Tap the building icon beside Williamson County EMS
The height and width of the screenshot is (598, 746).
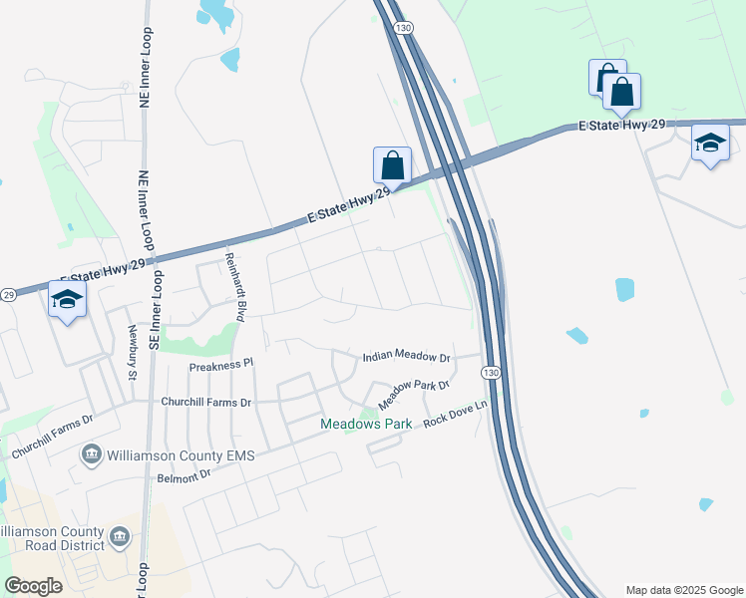[x=92, y=455]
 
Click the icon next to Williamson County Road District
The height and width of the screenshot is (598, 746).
[x=120, y=538]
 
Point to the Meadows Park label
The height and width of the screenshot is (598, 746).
[x=366, y=425]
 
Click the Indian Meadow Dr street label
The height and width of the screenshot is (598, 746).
[x=406, y=356]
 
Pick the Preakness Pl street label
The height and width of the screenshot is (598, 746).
[x=222, y=367]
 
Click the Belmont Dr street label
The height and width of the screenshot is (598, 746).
[x=185, y=477]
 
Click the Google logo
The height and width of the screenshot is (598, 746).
[x=33, y=586]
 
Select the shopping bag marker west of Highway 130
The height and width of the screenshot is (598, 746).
[x=392, y=165]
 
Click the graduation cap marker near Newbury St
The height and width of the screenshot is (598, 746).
[x=67, y=299]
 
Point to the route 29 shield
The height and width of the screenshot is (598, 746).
[x=8, y=295]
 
